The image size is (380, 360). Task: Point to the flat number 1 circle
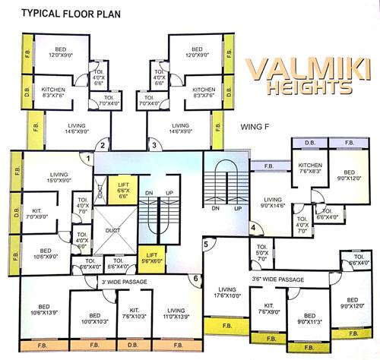[x=90, y=158]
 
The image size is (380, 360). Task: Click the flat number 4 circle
[x=253, y=227]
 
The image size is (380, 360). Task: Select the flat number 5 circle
[x=205, y=244]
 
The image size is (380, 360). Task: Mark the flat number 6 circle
[x=195, y=279]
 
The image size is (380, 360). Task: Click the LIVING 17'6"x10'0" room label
[x=227, y=292]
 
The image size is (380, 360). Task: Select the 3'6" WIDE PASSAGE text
[x=277, y=279]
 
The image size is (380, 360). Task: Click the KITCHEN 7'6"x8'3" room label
[x=312, y=169]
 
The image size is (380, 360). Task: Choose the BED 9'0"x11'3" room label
[x=309, y=317]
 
